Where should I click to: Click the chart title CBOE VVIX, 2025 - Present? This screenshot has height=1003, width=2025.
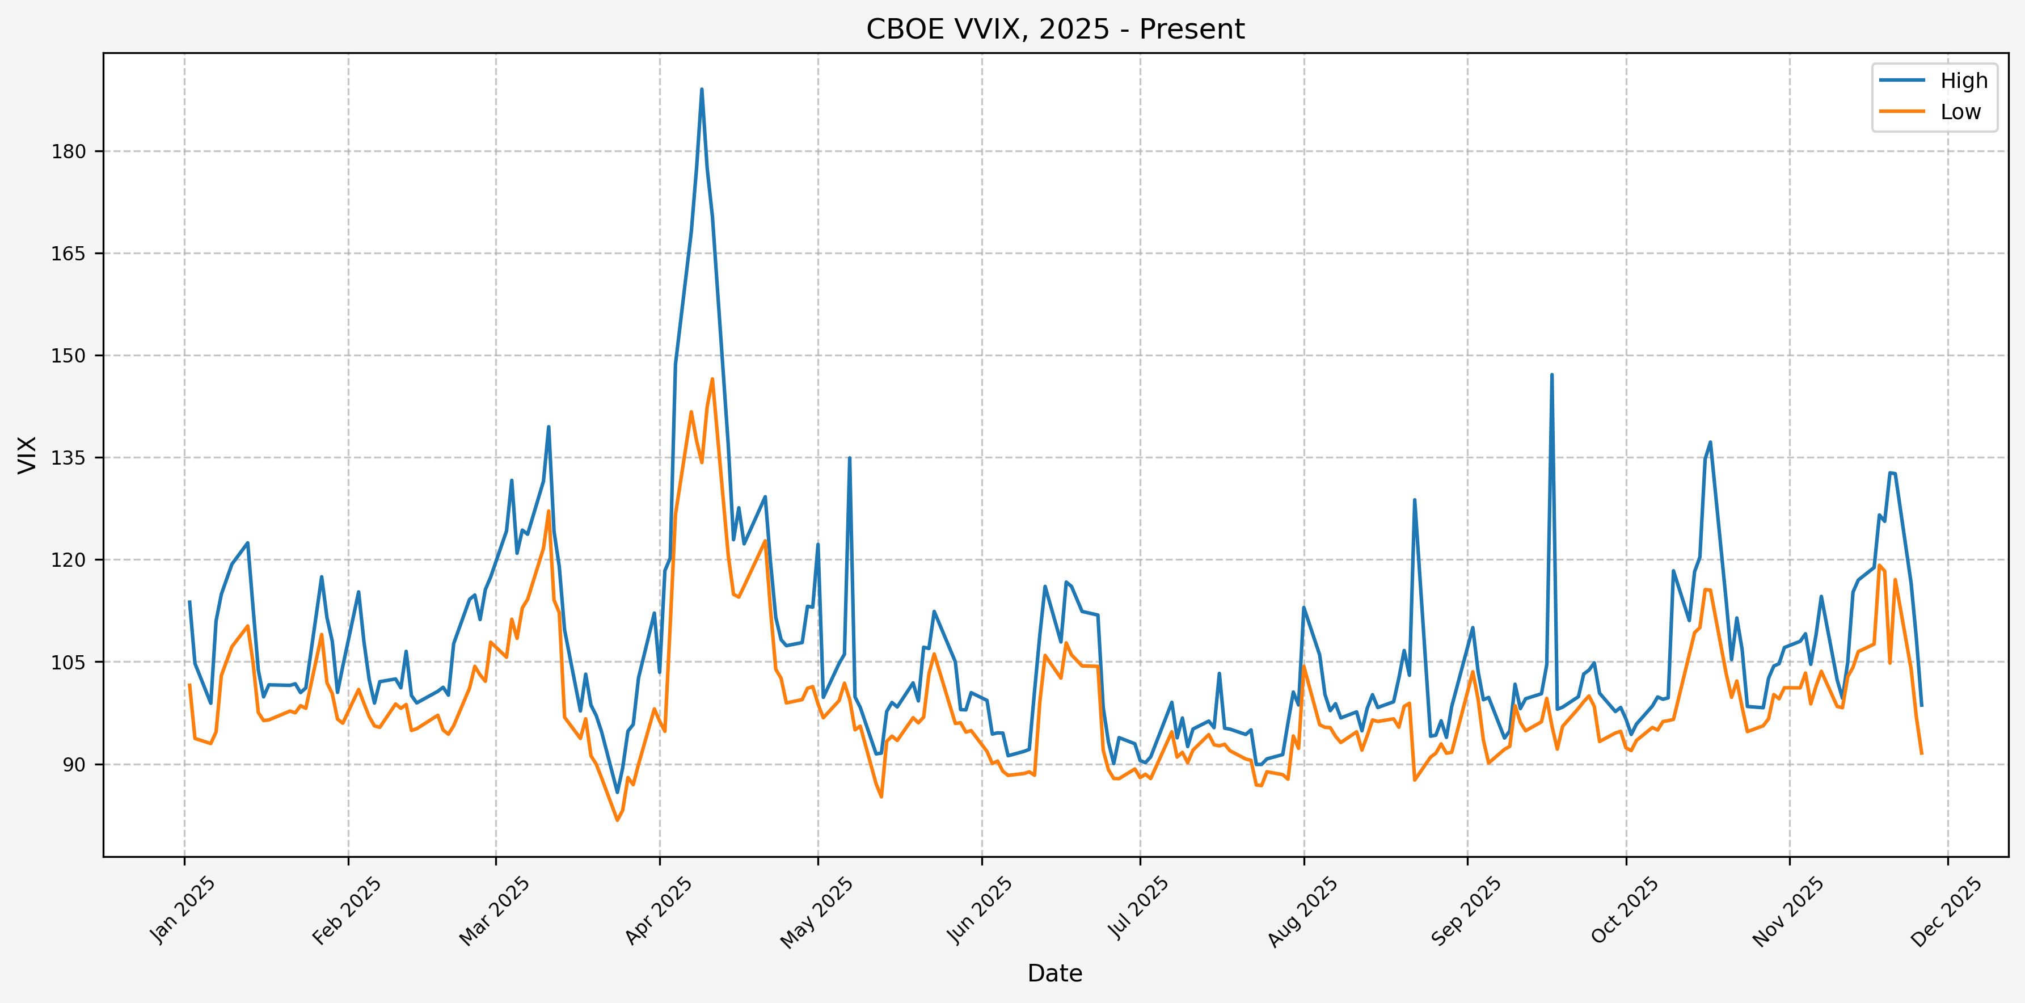tap(1055, 29)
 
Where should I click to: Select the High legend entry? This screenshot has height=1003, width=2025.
tap(1963, 81)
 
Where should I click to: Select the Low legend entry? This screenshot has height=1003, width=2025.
tap(1960, 112)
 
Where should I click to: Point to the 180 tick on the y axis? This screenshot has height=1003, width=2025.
tap(69, 151)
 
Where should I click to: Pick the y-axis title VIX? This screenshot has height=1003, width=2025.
tap(27, 454)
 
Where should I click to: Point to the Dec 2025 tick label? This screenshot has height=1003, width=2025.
tap(1946, 911)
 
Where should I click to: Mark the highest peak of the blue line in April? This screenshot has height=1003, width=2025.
tap(702, 90)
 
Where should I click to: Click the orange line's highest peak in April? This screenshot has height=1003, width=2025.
tap(712, 379)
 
